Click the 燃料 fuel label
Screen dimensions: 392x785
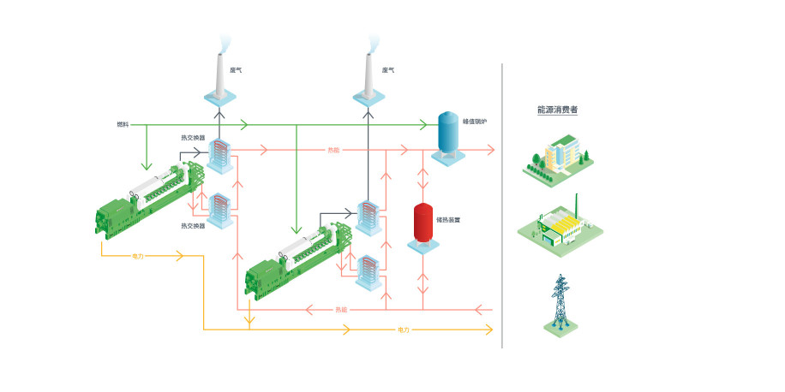click(x=123, y=125)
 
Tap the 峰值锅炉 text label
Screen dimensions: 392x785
click(x=475, y=122)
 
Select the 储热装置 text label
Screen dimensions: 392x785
click(x=448, y=219)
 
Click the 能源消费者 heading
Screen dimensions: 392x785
click(x=557, y=110)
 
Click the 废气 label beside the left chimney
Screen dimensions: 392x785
click(x=236, y=70)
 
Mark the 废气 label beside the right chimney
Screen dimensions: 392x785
click(x=387, y=70)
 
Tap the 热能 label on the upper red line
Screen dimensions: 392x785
click(x=333, y=150)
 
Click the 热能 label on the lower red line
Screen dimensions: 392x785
click(x=341, y=309)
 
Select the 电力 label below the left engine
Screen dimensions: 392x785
click(x=138, y=256)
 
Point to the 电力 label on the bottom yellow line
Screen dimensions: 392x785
click(x=404, y=330)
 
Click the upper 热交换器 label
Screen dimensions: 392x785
click(x=193, y=138)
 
